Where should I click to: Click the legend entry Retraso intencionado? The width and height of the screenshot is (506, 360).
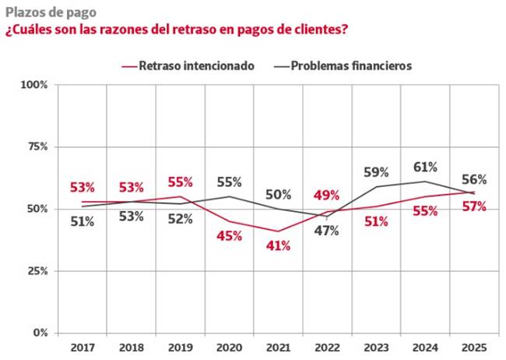(196, 66)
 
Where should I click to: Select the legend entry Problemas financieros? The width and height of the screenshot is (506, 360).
(351, 66)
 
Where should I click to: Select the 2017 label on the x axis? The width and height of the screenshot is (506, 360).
(82, 346)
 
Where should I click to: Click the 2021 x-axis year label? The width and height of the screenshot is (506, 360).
(279, 346)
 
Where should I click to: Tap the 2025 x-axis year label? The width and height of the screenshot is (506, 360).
(475, 346)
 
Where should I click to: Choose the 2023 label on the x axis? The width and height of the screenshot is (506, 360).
(377, 346)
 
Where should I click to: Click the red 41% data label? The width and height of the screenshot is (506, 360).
(278, 246)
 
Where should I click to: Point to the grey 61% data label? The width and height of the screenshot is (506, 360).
(425, 167)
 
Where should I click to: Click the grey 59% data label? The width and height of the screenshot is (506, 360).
(376, 173)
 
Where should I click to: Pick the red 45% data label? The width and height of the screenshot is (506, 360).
(229, 236)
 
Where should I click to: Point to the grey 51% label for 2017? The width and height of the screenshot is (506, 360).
(82, 221)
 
